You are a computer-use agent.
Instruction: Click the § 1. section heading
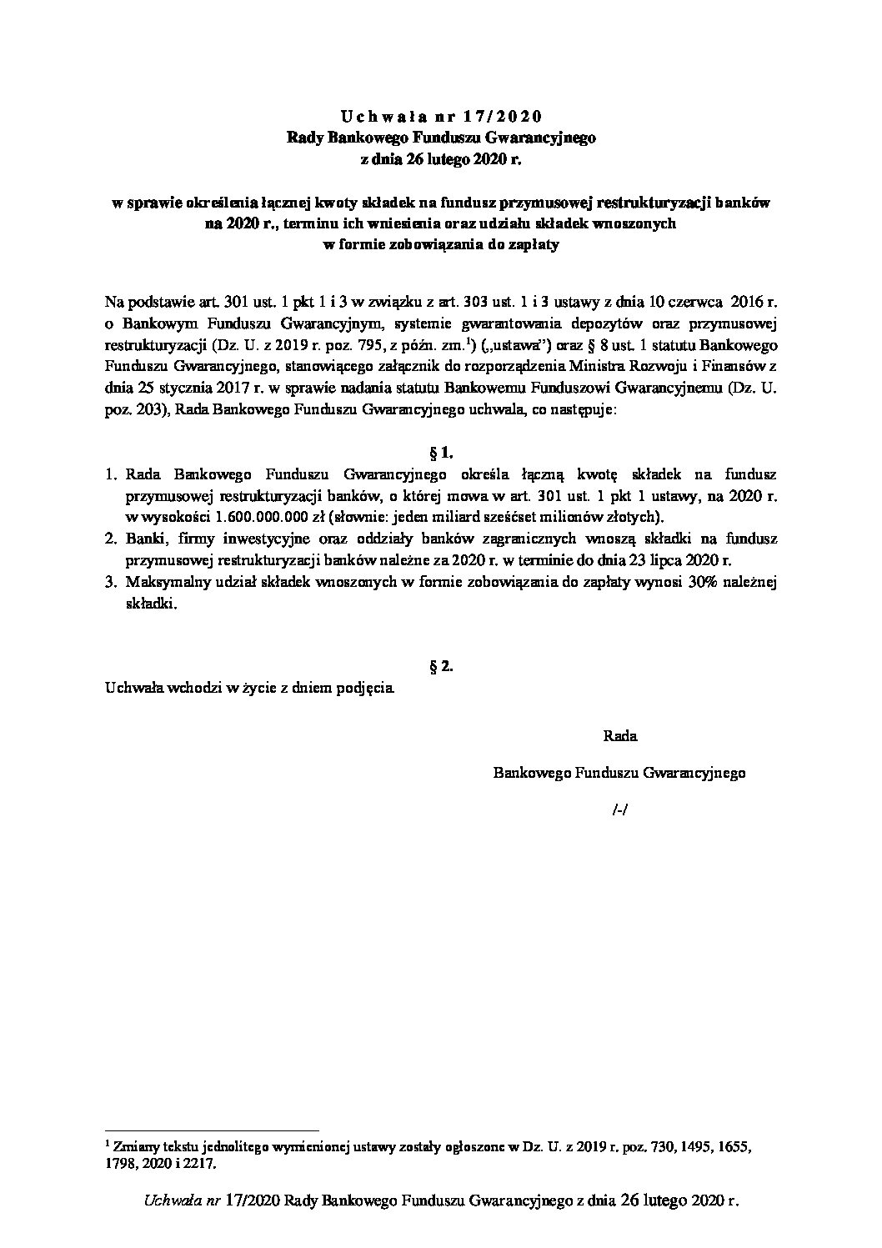[x=440, y=454]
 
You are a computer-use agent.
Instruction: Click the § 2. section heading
[x=440, y=666]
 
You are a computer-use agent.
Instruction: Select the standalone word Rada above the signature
[x=619, y=736]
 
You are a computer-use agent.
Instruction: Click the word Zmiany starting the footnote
[x=133, y=1146]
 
